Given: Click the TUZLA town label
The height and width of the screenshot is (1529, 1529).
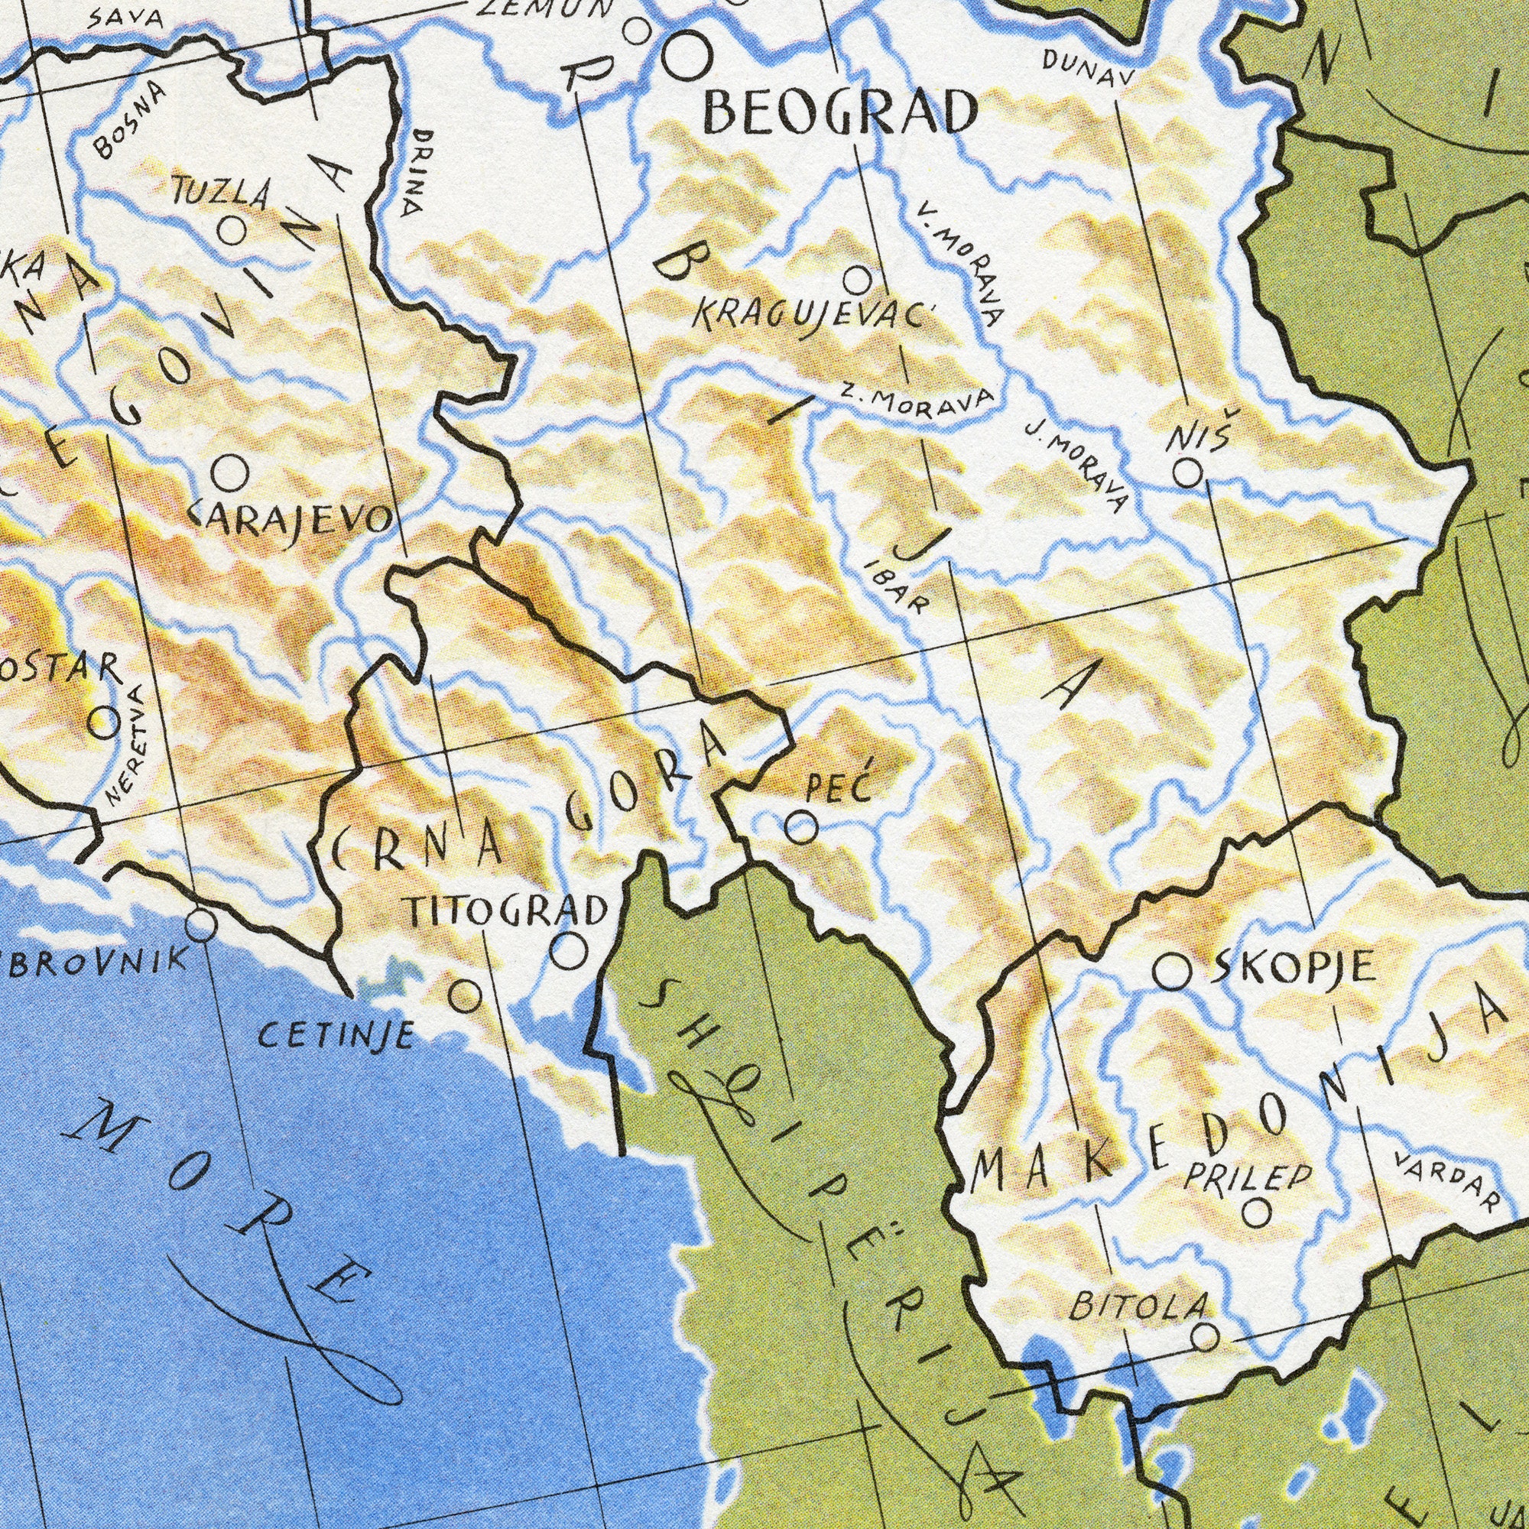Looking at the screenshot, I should point(223,194).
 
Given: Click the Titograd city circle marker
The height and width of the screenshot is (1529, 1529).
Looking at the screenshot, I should point(569,950).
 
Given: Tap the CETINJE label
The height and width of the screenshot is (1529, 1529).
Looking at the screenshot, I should point(336,1033).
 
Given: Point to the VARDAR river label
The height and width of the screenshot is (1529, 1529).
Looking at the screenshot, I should point(1447,1183).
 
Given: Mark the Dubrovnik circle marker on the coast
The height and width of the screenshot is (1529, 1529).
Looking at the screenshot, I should point(201,924).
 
